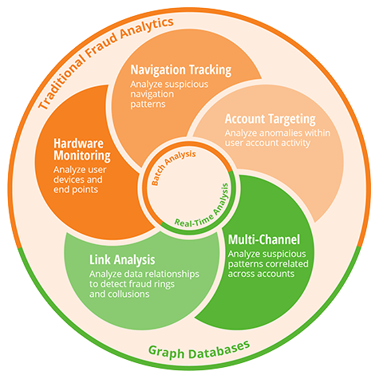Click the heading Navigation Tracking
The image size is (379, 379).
pyautogui.click(x=181, y=70)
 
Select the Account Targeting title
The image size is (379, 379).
pyautogui.click(x=270, y=119)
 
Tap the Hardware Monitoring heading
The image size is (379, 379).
pyautogui.click(x=82, y=149)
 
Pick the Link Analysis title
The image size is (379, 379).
pyautogui.click(x=122, y=259)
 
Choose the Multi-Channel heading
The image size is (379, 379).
pyautogui.click(x=264, y=239)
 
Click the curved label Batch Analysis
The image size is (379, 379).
pyautogui.click(x=172, y=166)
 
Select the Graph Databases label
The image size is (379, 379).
pyautogui.click(x=199, y=350)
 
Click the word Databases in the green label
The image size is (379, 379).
pyautogui.click(x=219, y=349)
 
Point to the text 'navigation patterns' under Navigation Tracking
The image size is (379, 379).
pyautogui.click(x=152, y=99)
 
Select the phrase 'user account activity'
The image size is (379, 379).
pyautogui.click(x=267, y=143)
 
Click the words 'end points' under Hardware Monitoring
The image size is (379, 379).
pyautogui.click(x=76, y=190)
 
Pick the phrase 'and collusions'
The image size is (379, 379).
pyautogui.click(x=120, y=294)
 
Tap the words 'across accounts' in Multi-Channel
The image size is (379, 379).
pyautogui.click(x=261, y=274)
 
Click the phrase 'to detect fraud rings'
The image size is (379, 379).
pyautogui.click(x=132, y=284)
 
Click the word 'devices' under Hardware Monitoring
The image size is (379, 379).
pyautogui.click(x=69, y=180)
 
